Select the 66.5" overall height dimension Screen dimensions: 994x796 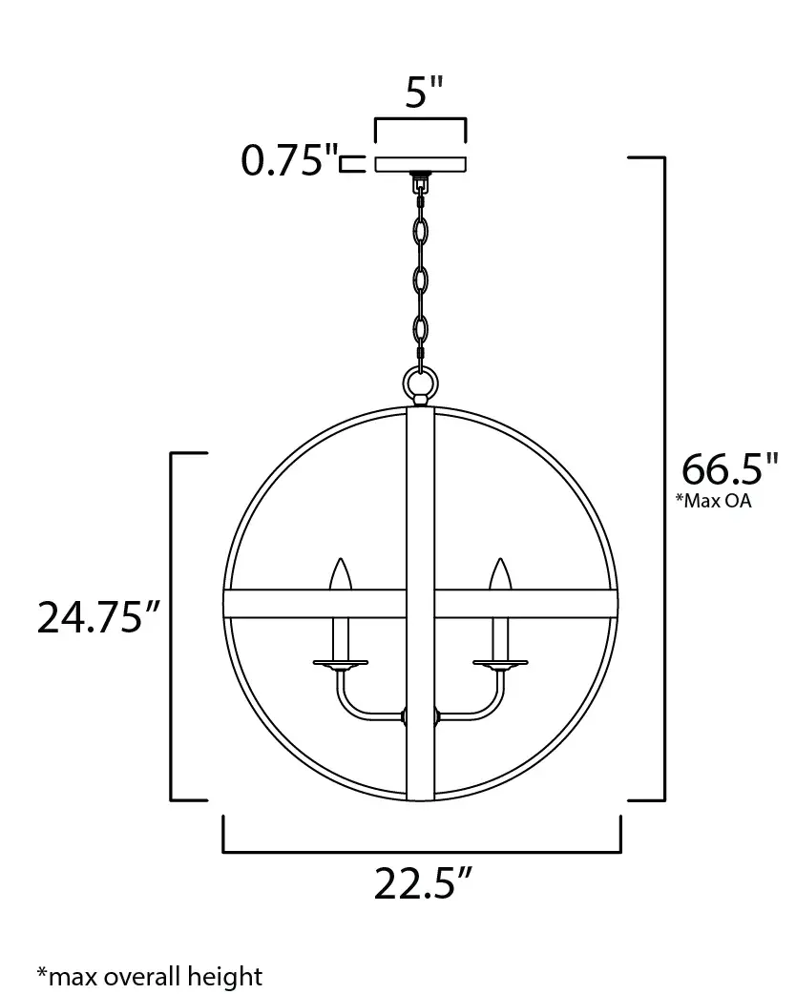click(723, 469)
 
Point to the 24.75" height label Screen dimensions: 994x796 click(96, 617)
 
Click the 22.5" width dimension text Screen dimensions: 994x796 click(421, 883)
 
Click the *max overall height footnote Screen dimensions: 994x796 click(149, 976)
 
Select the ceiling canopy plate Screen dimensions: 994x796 click(420, 163)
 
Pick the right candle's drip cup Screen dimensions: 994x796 click(500, 661)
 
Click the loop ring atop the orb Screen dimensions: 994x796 click(420, 384)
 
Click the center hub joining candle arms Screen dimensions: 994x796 click(420, 716)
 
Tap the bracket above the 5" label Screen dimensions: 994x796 click(420, 121)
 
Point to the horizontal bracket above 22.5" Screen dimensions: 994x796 click(421, 848)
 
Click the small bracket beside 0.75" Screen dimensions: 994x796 click(353, 164)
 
